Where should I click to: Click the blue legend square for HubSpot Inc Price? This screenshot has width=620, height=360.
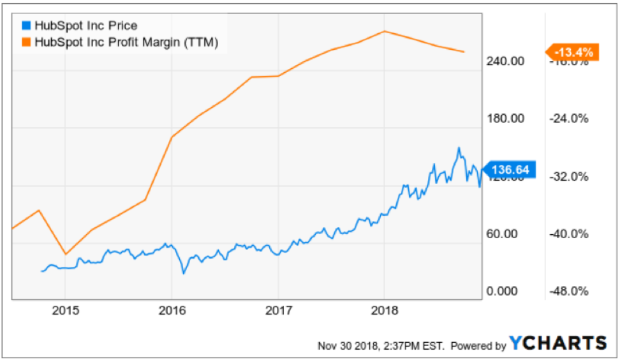(26, 26)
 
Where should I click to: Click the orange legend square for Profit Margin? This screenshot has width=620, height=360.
(26, 42)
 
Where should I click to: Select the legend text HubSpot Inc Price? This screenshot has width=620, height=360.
(87, 26)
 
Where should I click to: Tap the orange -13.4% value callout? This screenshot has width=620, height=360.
(572, 52)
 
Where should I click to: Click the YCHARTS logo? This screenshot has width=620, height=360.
(558, 343)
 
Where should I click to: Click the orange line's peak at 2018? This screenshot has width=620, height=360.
(384, 31)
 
